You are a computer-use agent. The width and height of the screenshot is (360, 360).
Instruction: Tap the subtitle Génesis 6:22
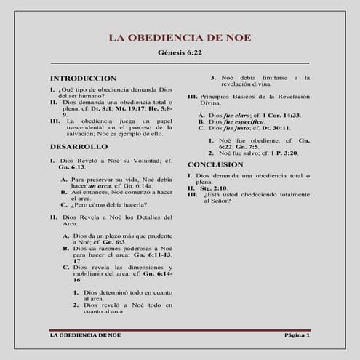(180, 53)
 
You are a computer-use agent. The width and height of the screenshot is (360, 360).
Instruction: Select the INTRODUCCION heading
(82, 78)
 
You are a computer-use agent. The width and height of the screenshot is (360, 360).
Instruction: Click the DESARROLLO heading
(79, 147)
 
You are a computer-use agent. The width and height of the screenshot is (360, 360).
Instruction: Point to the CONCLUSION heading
(215, 164)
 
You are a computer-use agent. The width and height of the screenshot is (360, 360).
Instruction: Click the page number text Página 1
(296, 336)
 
